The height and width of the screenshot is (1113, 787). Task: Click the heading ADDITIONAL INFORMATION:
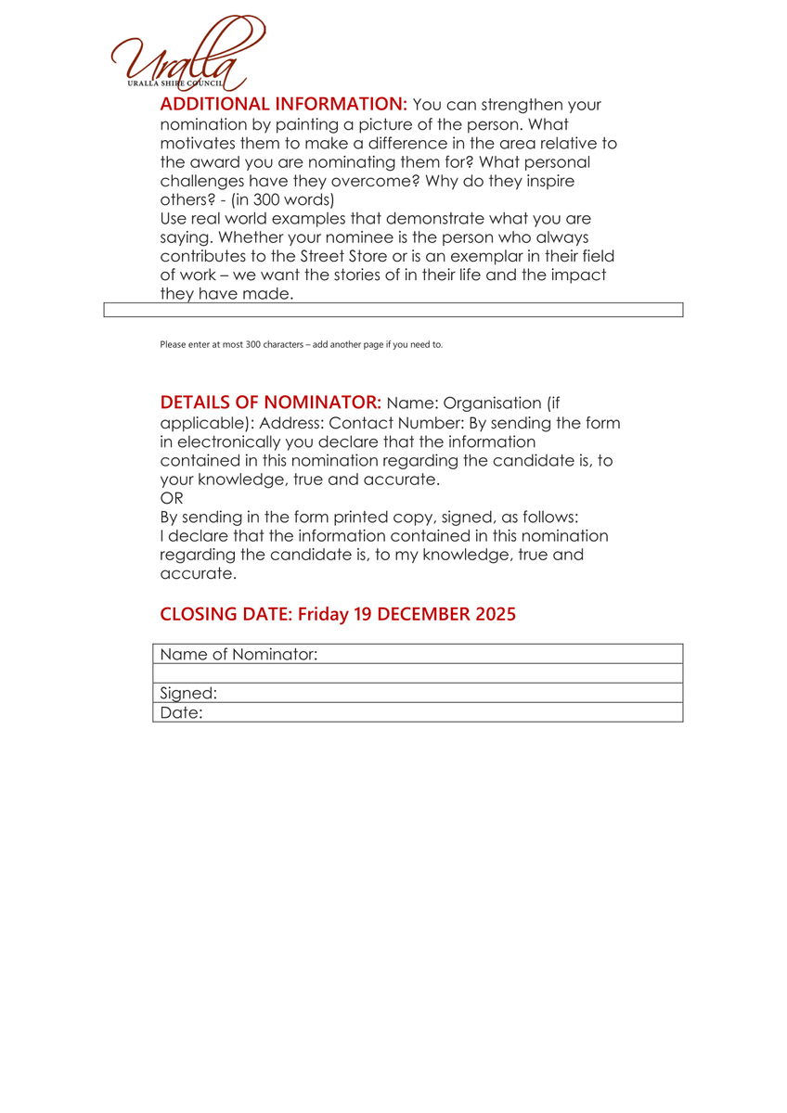click(x=284, y=104)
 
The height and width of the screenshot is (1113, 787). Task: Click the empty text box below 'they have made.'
click(x=393, y=310)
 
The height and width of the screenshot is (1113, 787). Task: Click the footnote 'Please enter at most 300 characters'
click(x=302, y=345)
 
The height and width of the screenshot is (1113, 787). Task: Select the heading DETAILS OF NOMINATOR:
click(x=270, y=403)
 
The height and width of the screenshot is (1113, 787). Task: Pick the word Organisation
click(x=489, y=403)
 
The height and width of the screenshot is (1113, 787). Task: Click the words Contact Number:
click(x=406, y=423)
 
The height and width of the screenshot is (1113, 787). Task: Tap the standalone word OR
click(x=173, y=499)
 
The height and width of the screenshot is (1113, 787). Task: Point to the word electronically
click(x=235, y=442)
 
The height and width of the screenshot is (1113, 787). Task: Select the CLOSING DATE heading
click(x=337, y=614)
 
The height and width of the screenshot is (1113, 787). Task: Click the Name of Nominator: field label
click(x=239, y=655)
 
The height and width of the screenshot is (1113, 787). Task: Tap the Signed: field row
click(x=418, y=693)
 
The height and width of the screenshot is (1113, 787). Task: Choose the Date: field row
click(x=418, y=712)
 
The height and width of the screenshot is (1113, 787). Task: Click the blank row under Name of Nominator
click(x=418, y=673)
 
